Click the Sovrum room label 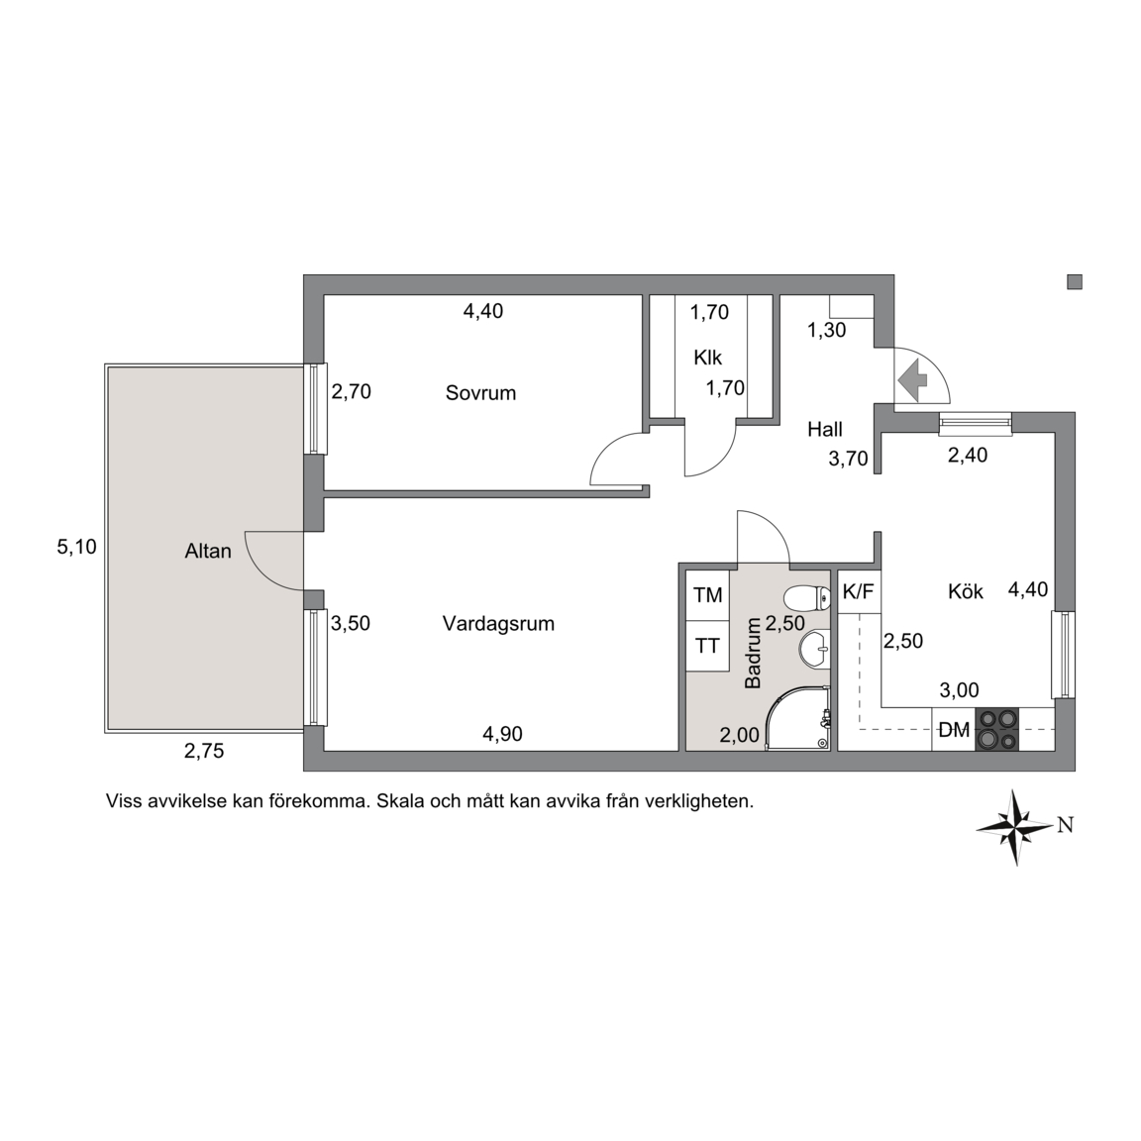pos(480,393)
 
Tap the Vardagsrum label pos(498,624)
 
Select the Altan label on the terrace pos(208,551)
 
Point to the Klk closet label pos(707,358)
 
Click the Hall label pos(824,429)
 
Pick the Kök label pos(965,591)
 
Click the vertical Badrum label pos(753,653)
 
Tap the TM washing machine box pos(707,595)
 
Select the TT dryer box pos(707,646)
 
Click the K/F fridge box pos(859,591)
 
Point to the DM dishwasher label pos(953,730)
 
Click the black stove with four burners pos(997,729)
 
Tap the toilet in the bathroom pos(808,599)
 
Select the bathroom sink pos(813,647)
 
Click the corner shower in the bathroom pos(798,717)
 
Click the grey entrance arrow pos(912,379)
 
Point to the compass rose pos(1015,827)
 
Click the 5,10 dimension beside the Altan pos(76,547)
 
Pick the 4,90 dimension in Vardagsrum pos(502,734)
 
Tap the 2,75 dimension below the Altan pos(204,752)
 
